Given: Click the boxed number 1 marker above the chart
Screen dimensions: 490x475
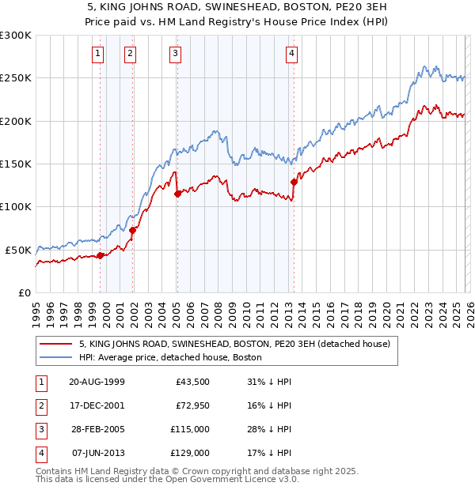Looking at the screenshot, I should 97,54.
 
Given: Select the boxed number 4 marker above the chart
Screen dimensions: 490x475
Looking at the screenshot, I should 292,54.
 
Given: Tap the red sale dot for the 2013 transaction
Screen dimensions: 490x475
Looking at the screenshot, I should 294,182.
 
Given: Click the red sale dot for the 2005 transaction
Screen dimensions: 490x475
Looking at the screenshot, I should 177,194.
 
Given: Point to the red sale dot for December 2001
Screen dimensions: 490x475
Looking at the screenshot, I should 132,230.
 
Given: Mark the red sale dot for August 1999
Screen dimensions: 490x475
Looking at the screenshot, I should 101,255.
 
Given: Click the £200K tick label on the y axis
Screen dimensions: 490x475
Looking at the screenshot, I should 16,121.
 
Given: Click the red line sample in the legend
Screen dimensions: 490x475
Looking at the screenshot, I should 56,345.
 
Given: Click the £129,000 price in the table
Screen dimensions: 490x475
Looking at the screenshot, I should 191,453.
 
